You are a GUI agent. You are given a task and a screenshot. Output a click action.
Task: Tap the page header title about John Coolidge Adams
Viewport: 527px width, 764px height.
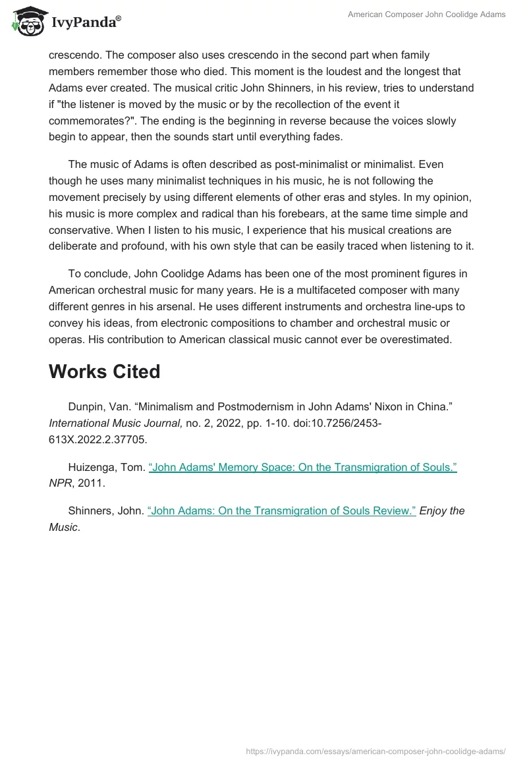tap(427, 14)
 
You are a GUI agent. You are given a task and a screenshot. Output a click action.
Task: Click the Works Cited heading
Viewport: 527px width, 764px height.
tap(104, 371)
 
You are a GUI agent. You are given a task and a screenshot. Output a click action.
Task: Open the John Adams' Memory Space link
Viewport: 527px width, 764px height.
tap(302, 467)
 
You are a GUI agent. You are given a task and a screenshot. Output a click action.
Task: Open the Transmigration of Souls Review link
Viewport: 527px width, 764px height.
tap(282, 492)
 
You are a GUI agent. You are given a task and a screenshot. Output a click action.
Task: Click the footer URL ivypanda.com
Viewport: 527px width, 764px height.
tap(375, 750)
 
